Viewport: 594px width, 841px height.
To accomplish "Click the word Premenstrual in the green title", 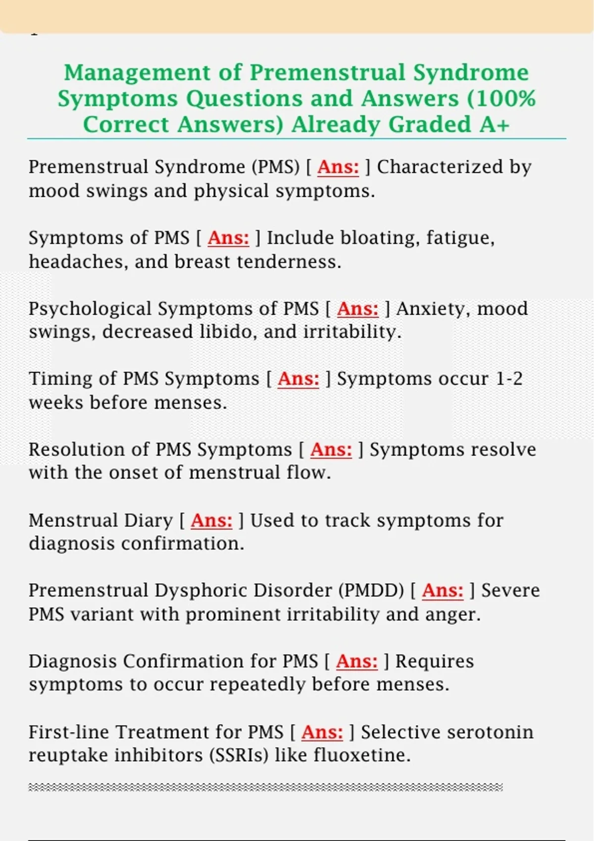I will (x=327, y=73).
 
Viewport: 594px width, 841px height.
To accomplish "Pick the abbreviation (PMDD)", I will (x=371, y=591).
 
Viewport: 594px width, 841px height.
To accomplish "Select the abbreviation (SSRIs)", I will (x=239, y=755).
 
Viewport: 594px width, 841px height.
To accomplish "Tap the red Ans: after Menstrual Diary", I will (x=211, y=520).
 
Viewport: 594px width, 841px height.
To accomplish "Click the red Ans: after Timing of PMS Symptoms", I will (x=298, y=379).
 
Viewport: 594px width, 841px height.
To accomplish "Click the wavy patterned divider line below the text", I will (x=265, y=787).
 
